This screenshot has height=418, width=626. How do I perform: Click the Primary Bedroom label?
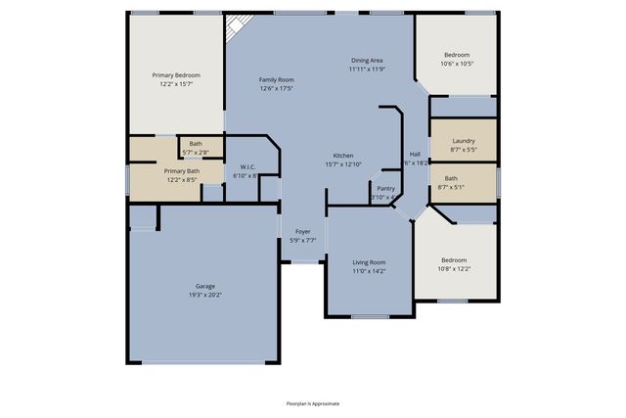176,74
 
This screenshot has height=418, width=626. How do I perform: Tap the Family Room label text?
277,80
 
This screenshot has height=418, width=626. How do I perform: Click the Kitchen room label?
342,156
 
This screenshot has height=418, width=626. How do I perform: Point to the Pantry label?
385,188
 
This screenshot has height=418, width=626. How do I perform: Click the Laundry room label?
464,141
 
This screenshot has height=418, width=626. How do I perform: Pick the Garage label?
204,287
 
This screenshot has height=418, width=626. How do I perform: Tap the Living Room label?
369,262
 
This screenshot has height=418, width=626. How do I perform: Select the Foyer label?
303,231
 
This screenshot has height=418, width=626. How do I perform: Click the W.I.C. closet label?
247,167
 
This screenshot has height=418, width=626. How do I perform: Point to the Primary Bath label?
181,171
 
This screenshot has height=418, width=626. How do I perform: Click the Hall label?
415,155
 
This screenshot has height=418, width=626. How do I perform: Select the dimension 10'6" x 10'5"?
457,64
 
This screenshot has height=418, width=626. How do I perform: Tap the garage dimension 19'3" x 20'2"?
204,295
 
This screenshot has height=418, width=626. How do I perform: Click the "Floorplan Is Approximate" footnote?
313,403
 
